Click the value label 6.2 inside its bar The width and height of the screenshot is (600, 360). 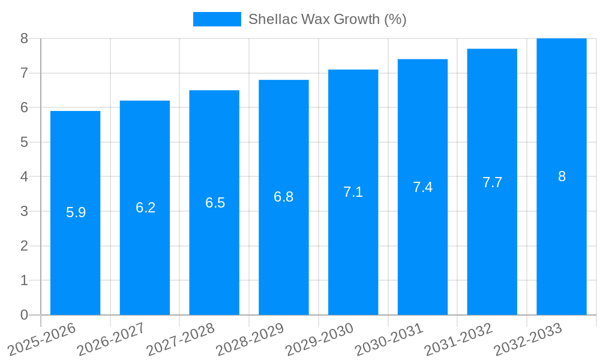tap(145, 208)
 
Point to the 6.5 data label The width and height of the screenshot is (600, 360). tap(215, 203)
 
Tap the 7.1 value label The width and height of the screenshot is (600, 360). tap(353, 192)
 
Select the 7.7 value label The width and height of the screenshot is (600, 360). tap(492, 182)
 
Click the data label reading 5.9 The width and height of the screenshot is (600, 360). tap(76, 212)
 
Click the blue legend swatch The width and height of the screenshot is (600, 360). tap(217, 19)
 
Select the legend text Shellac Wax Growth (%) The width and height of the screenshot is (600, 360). tap(327, 19)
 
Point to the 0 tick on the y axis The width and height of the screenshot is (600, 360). tap(24, 315)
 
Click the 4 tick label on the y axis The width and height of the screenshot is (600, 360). tap(24, 177)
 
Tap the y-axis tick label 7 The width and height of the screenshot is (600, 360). tap(24, 73)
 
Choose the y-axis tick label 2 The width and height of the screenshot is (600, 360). tap(24, 246)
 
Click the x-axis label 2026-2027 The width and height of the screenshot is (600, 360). tap(111, 339)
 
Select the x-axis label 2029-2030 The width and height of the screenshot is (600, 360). tap(319, 339)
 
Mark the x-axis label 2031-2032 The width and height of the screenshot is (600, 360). tap(458, 339)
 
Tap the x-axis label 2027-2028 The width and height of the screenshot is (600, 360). tap(180, 339)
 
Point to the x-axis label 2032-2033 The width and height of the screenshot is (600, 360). tap(528, 339)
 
